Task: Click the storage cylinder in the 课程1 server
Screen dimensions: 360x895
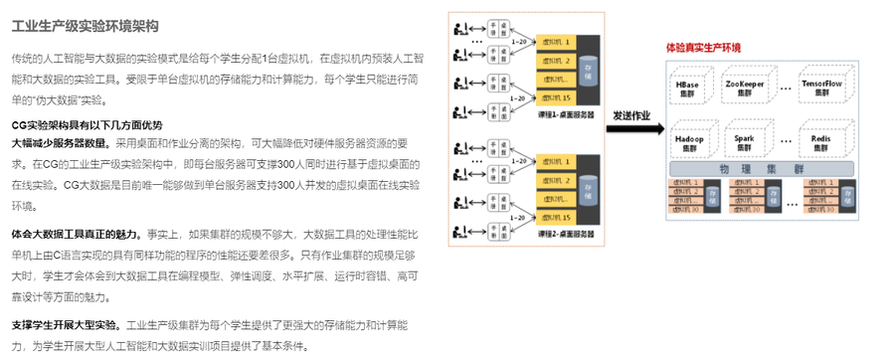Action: tap(589, 71)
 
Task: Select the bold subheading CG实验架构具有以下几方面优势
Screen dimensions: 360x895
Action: tap(87, 124)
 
